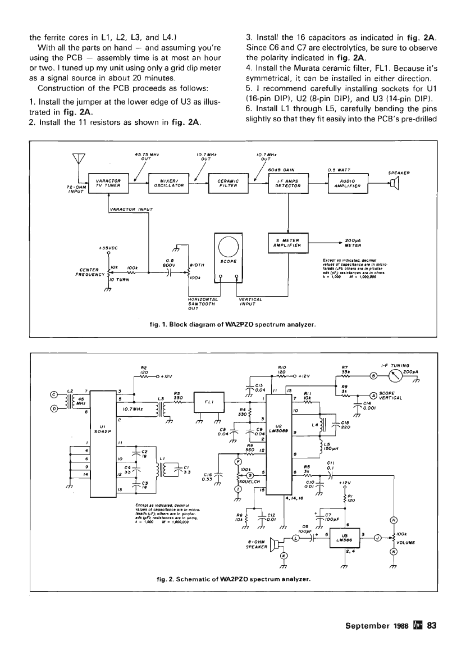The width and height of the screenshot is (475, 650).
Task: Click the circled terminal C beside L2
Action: [54, 393]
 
